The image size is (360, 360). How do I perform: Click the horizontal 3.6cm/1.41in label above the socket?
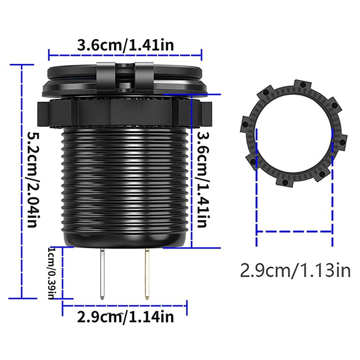click(x=126, y=46)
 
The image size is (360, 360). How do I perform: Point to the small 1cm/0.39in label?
click(x=51, y=273)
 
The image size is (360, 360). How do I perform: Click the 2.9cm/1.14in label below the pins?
click(x=125, y=317)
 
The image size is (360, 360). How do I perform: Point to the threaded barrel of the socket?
click(x=125, y=180)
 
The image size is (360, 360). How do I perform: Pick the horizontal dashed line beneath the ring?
click(x=294, y=231)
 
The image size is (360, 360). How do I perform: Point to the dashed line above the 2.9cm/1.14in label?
click(x=125, y=306)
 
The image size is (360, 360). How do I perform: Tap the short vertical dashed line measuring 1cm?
click(x=63, y=273)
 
